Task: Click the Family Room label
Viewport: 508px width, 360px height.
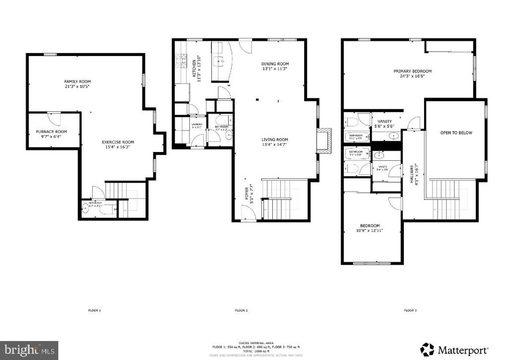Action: (77, 81)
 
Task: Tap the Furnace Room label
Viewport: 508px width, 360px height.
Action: (54, 132)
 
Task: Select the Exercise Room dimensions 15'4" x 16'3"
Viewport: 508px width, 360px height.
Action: (118, 147)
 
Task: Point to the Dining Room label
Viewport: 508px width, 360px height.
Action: (275, 64)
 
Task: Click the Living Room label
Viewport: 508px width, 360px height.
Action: (275, 140)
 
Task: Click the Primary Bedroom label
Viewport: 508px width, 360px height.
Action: (412, 71)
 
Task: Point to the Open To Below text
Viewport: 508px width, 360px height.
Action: (456, 133)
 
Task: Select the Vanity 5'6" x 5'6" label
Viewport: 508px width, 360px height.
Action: (384, 121)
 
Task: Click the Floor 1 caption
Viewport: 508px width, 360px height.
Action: (94, 310)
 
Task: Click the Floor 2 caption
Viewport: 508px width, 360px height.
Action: (241, 310)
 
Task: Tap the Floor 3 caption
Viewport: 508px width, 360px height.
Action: (410, 310)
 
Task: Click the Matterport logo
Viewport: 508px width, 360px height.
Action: (455, 349)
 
